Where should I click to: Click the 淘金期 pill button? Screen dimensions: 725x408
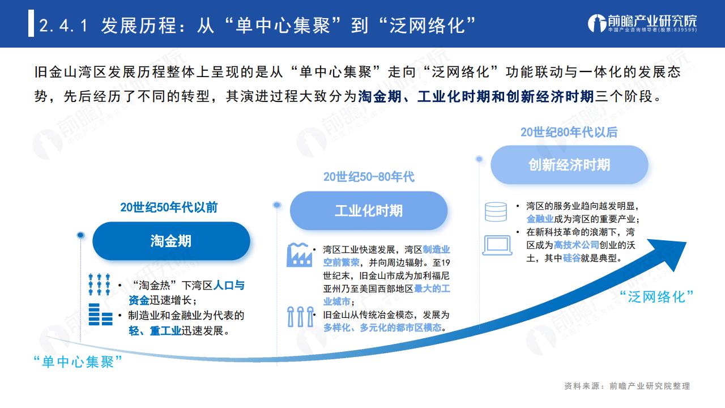tap(171, 241)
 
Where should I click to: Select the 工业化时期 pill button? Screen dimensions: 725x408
tap(369, 211)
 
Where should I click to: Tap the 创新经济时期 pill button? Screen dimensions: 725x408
tap(569, 165)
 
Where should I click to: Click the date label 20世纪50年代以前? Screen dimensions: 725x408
tap(169, 207)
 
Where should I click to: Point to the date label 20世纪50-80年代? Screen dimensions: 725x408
tap(369, 177)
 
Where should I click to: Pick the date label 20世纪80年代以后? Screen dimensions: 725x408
tap(569, 132)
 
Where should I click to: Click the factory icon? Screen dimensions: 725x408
tap(300, 255)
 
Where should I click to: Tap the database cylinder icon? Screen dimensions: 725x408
tap(496, 212)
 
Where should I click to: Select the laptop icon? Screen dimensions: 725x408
tap(497, 245)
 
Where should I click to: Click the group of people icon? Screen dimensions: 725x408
tap(99, 284)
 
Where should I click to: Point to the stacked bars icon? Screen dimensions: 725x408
tap(100, 314)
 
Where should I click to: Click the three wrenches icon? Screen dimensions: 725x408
tap(301, 317)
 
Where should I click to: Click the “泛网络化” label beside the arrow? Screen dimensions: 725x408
tap(656, 297)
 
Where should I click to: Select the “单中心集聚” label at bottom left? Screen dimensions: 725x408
tap(78, 362)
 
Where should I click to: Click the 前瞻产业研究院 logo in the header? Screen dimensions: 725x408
tap(642, 23)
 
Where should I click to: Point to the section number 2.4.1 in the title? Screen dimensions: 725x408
tap(63, 25)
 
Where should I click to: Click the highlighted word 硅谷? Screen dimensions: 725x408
tap(572, 258)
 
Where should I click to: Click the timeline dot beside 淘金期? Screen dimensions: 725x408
tap(80, 235)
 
